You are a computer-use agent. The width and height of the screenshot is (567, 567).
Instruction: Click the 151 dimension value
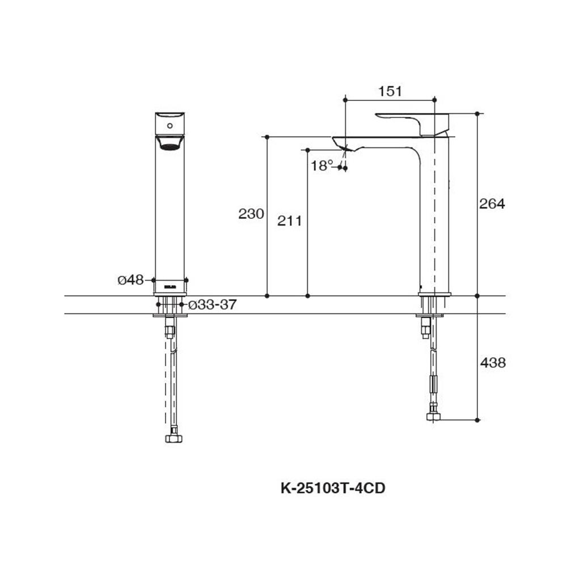390,91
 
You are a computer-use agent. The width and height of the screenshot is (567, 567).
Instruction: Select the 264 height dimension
492,204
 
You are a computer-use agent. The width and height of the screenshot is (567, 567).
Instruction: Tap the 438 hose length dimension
492,362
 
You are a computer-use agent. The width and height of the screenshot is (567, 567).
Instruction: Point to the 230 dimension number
251,214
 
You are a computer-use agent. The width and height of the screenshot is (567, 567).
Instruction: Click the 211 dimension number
289,221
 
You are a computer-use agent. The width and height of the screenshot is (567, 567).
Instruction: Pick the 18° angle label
321,166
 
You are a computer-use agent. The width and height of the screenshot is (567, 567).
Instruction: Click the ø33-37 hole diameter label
211,305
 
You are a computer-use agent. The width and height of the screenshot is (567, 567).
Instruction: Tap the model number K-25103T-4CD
333,488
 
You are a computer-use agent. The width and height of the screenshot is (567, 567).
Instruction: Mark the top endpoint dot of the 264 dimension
477,113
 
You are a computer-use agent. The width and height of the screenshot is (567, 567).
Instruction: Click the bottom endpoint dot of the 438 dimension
477,420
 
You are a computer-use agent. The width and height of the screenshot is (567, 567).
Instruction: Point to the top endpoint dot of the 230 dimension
266,137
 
